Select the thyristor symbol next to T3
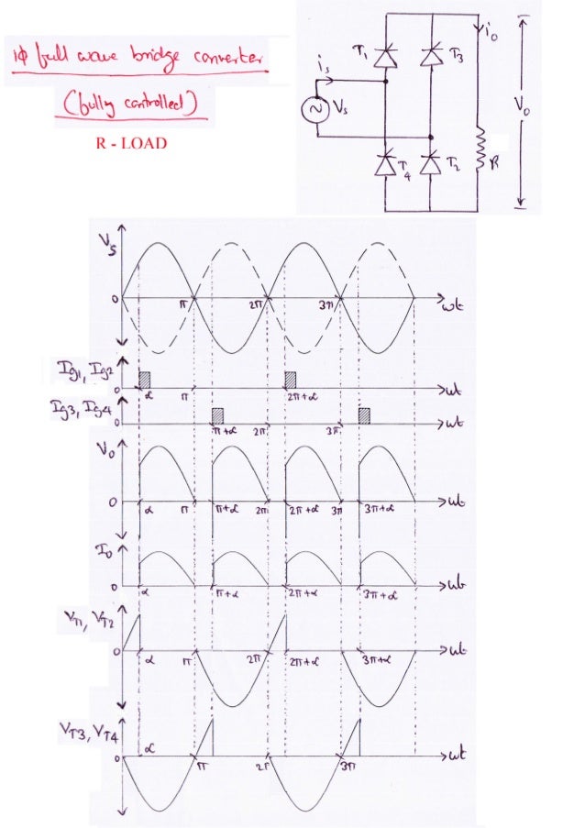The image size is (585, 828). (430, 58)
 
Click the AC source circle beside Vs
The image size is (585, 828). (317, 108)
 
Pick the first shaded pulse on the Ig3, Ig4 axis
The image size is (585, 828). (218, 414)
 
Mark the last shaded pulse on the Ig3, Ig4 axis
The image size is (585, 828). (365, 414)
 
